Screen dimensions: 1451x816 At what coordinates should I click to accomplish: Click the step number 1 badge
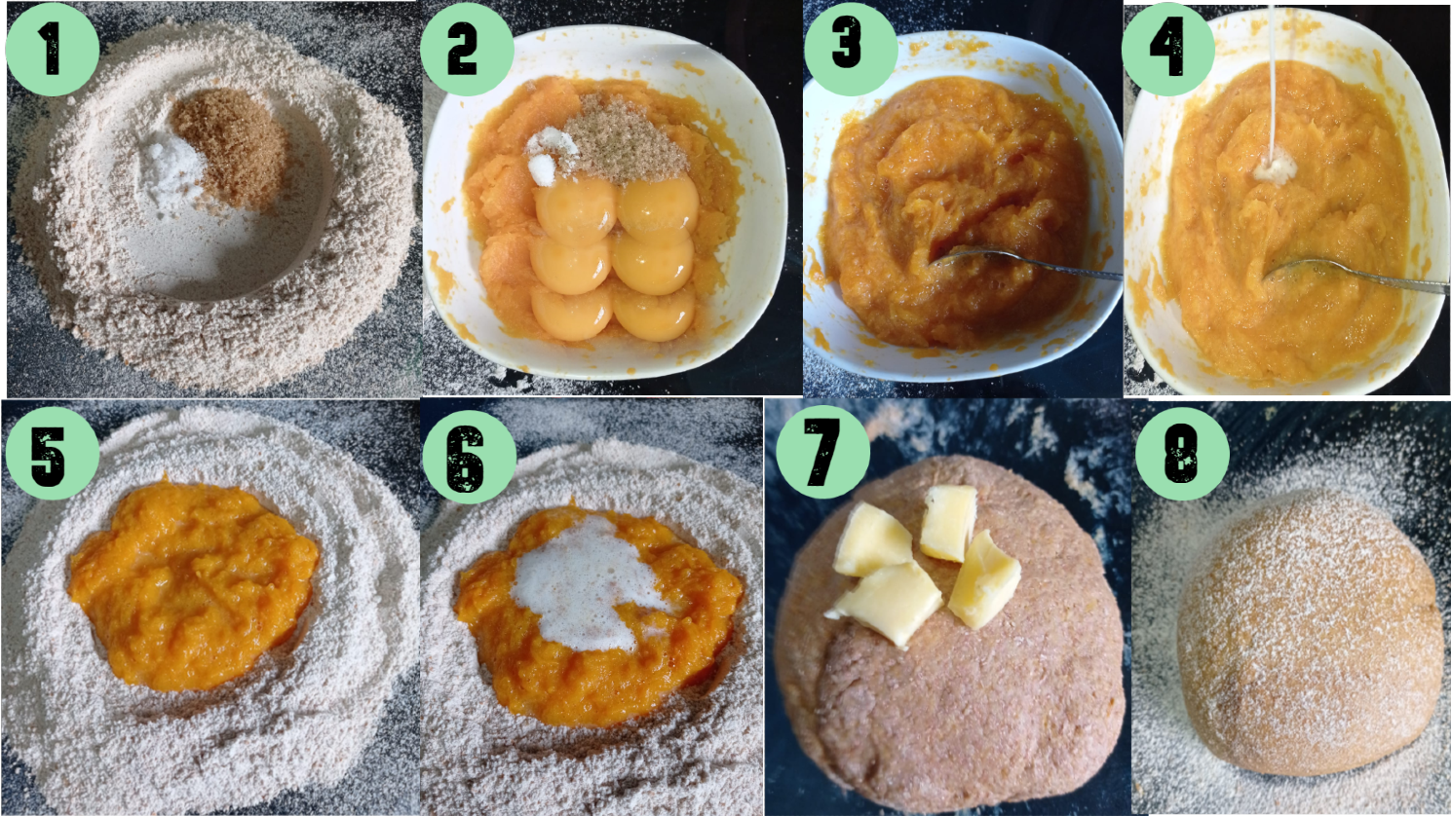pos(53,50)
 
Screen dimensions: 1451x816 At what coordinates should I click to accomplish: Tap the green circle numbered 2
pos(467,50)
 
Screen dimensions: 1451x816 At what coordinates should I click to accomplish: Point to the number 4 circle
pos(1168,50)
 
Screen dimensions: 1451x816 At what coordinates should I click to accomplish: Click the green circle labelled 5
pos(53,453)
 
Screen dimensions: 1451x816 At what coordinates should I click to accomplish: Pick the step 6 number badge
pos(469,457)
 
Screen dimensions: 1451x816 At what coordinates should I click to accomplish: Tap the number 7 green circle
pos(822,452)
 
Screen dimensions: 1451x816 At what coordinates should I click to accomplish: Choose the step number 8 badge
pos(1182,453)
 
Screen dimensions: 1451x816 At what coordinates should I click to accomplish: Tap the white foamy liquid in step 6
pos(587,585)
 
